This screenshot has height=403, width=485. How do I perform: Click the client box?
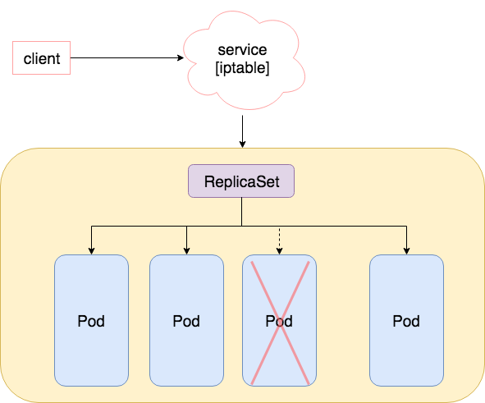(x=41, y=59)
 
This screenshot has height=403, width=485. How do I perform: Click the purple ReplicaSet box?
(x=241, y=181)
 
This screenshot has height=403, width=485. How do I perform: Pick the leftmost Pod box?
(x=91, y=320)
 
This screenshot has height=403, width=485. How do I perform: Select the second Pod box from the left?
(x=186, y=320)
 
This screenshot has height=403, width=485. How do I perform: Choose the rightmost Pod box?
(x=406, y=320)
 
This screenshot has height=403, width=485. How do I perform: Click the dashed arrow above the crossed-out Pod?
(x=280, y=239)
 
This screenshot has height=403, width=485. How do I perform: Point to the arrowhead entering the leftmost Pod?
(x=91, y=250)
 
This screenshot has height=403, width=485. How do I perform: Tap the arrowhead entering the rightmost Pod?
(x=406, y=250)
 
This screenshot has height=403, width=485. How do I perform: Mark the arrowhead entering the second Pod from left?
(x=186, y=250)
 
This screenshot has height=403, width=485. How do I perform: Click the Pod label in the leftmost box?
(x=91, y=321)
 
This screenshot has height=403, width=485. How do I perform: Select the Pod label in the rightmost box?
(x=406, y=321)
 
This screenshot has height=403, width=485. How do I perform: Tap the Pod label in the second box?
(x=186, y=321)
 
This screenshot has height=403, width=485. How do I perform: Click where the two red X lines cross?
(x=279, y=322)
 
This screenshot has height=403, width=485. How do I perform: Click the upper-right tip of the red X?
(x=309, y=262)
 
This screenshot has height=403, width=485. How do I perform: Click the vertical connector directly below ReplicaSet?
(x=241, y=211)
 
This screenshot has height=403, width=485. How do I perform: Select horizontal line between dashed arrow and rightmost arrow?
(x=345, y=225)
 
